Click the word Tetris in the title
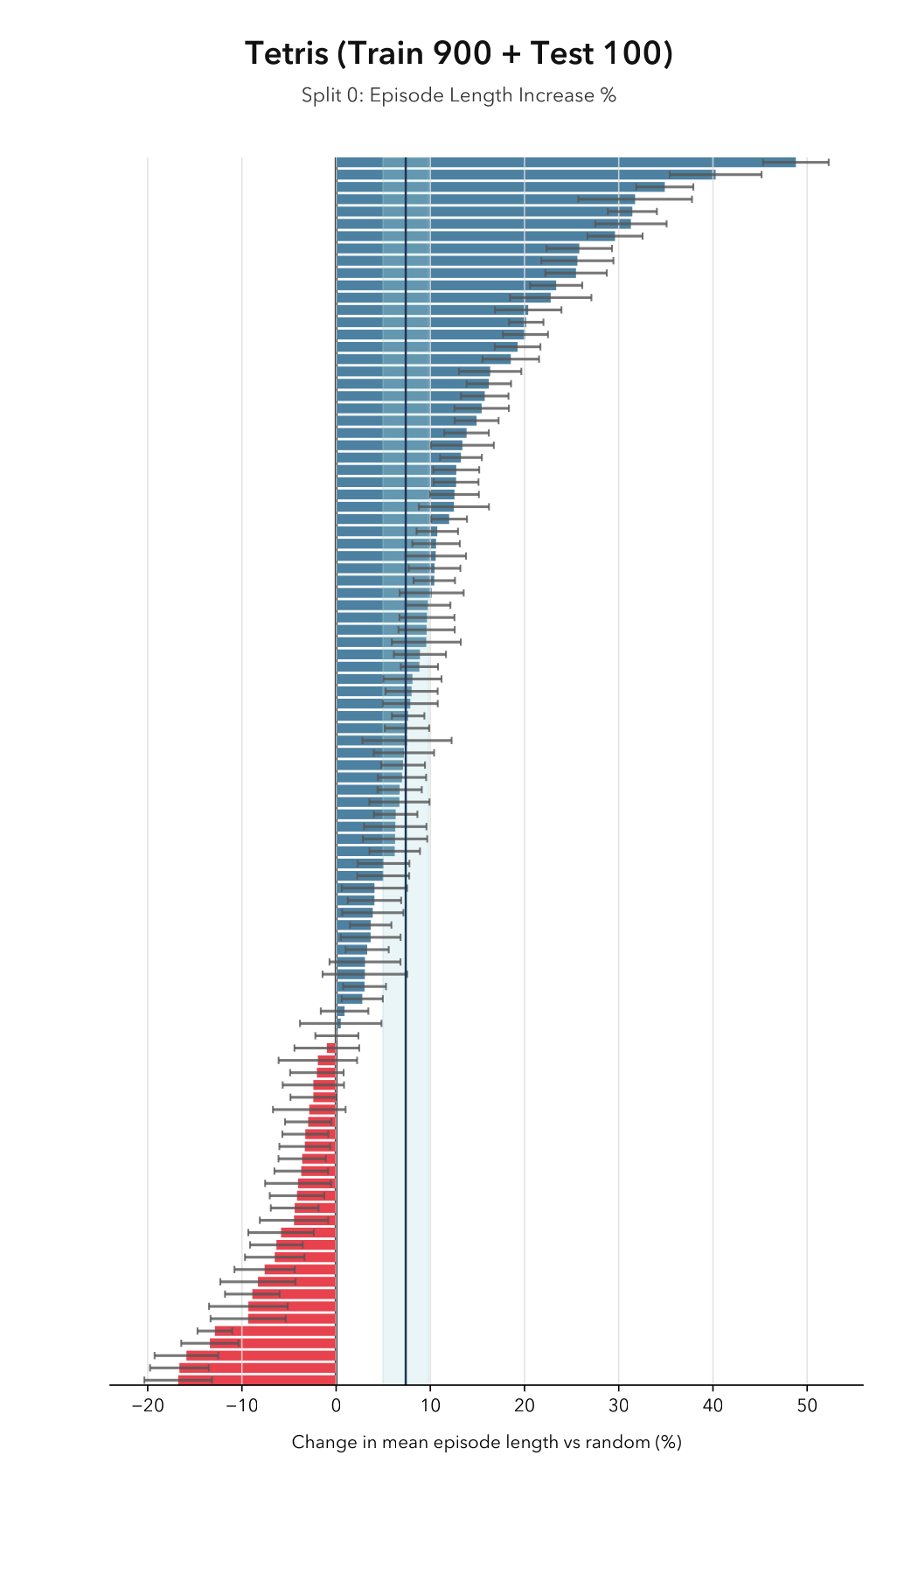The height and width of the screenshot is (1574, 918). coord(285,54)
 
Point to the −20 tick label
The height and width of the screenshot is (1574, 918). coord(147,1406)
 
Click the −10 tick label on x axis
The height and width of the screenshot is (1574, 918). coord(241,1406)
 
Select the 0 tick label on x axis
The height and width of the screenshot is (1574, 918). coord(336,1406)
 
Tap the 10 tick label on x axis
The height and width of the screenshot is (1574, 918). coord(430,1406)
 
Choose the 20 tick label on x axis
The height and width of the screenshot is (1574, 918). coord(525,1406)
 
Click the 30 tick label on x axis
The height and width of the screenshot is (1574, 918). coord(619,1406)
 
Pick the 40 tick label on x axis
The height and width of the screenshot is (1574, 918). coord(713,1406)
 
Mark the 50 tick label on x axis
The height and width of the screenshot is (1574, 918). coord(807,1406)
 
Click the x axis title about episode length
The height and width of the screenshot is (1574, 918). coord(486,1442)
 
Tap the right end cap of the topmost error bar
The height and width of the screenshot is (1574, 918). coord(828,162)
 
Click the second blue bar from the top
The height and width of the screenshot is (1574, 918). coord(525,174)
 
